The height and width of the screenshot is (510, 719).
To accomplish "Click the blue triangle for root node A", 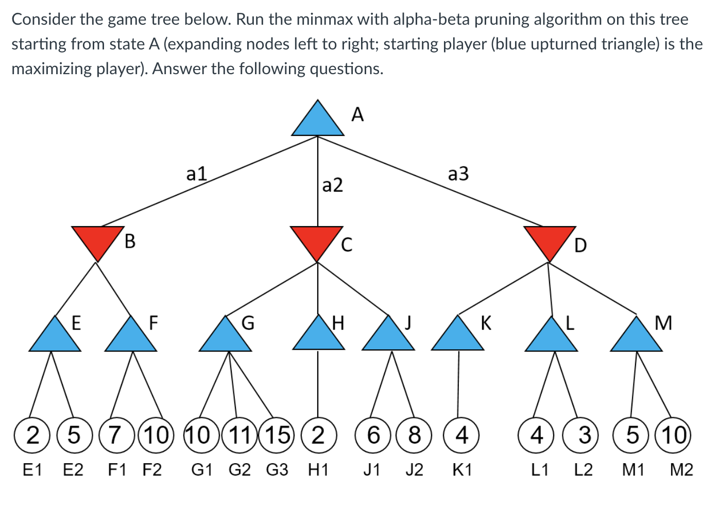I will [317, 122].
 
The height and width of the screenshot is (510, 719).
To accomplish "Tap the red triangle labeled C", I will [317, 240].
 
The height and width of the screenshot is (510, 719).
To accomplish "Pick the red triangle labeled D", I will [550, 240].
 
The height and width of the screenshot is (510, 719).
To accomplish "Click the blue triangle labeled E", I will [55, 337].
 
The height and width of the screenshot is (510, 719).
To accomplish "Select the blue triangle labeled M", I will [636, 337].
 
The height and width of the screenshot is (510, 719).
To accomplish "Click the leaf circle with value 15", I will [277, 435].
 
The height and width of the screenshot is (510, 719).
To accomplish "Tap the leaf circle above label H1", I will [318, 435].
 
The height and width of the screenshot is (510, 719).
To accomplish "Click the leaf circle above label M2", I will [674, 435].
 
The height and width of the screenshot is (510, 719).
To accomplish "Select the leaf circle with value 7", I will [116, 435].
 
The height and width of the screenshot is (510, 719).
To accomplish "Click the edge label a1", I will [196, 174].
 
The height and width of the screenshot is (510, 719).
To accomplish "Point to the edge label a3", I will [458, 174].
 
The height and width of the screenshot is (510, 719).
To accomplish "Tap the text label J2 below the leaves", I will [414, 470].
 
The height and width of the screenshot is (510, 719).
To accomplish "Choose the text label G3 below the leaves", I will [277, 470].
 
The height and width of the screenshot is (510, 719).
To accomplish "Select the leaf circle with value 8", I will [414, 435].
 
